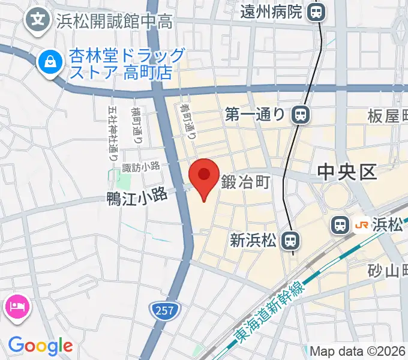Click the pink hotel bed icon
pyautogui.click(x=16, y=307)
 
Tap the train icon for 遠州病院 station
pyautogui.click(x=316, y=11)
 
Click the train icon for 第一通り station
pyautogui.click(x=299, y=113)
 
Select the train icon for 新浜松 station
pyautogui.click(x=290, y=241)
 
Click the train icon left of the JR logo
pyautogui.click(x=340, y=226)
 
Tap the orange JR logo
pyautogui.click(x=362, y=226)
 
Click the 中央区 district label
pyautogui.click(x=347, y=173)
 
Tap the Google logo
pyautogui.click(x=40, y=345)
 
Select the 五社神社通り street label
pyautogui.click(x=112, y=134)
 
